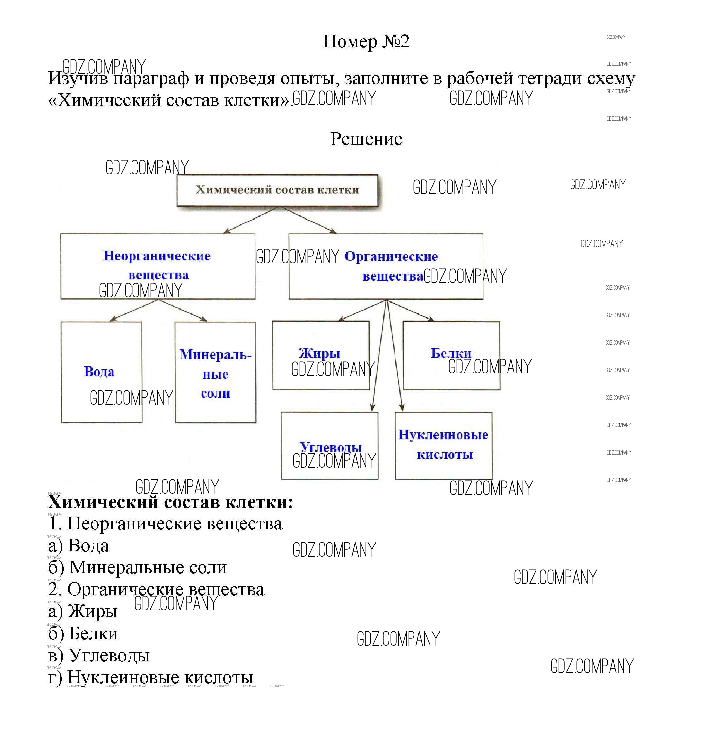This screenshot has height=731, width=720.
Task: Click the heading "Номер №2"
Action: [x=366, y=42]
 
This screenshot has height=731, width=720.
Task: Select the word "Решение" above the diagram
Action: [x=366, y=139]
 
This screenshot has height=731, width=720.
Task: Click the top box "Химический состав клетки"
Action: [x=277, y=190]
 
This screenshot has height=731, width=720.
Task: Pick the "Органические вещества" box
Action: [x=385, y=266]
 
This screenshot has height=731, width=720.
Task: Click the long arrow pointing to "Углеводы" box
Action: [x=379, y=355]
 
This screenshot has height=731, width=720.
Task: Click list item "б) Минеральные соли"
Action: [x=138, y=567]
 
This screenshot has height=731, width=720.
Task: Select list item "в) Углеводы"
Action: [x=99, y=655]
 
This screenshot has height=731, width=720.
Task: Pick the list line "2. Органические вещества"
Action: [x=156, y=589]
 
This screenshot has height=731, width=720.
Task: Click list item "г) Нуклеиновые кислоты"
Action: [x=150, y=677]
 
